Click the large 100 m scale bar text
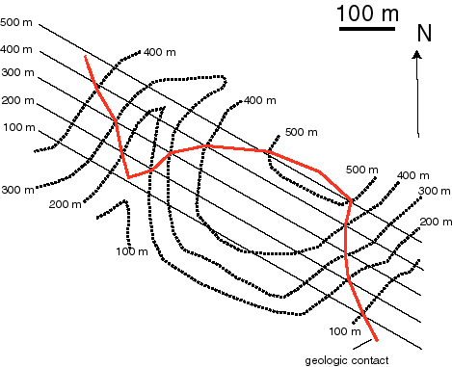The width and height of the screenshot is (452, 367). (368, 14)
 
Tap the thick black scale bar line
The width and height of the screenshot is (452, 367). (368, 30)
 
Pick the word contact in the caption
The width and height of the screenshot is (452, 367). (373, 360)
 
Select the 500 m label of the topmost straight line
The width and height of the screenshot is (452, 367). (16, 21)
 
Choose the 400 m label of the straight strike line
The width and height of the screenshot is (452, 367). (16, 49)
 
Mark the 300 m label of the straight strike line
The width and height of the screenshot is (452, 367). (16, 73)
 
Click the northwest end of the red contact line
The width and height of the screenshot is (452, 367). (87, 58)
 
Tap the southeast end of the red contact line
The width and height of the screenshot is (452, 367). (376, 341)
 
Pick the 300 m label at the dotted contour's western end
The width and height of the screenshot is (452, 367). (16, 190)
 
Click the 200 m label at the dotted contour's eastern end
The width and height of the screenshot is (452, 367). (437, 223)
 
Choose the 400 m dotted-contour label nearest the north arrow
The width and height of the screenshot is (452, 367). (412, 175)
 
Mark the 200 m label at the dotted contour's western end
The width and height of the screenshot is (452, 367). (64, 204)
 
